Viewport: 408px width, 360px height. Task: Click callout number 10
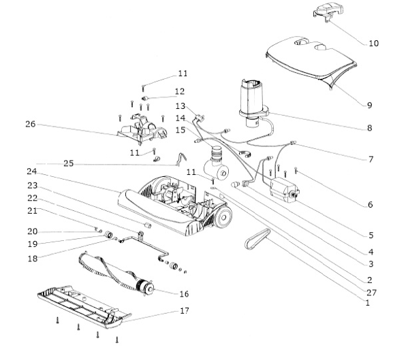[x=373, y=44]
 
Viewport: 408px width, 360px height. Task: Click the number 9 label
[x=368, y=105]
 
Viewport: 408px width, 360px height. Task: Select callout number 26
[x=30, y=125]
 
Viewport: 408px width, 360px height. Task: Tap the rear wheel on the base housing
[x=223, y=218]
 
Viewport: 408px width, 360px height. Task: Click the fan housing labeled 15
[x=218, y=159]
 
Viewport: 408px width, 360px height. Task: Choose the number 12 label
[x=180, y=91]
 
